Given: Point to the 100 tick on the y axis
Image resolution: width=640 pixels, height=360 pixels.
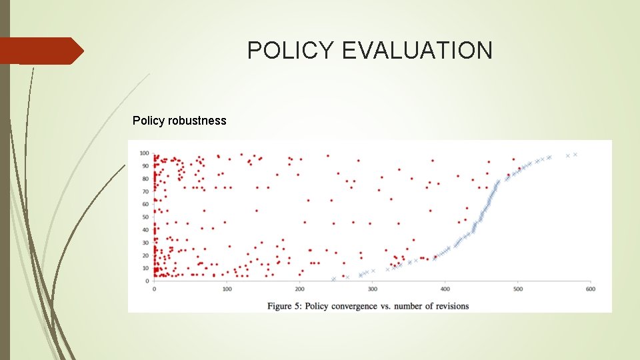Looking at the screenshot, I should point(143,153).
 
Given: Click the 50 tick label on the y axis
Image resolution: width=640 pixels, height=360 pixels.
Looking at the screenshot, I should point(145,217).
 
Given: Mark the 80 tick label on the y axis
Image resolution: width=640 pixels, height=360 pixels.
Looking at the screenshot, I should point(145,179).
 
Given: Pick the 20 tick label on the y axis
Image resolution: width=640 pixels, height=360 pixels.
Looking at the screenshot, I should point(145,255).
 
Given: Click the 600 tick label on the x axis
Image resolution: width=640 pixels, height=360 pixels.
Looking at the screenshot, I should point(590,289).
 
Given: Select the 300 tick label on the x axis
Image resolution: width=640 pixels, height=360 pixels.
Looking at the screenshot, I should point(372,289).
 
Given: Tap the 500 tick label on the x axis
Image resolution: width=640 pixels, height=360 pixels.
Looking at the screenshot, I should point(517,289).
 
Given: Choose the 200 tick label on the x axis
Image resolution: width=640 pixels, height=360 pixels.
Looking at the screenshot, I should point(299,289).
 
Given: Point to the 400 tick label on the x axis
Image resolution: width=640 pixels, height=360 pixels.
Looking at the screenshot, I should point(445,289).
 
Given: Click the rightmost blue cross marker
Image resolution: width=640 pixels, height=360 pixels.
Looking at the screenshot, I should point(575,155).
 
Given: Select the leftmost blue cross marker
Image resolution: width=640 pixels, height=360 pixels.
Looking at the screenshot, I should point(333,279).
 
